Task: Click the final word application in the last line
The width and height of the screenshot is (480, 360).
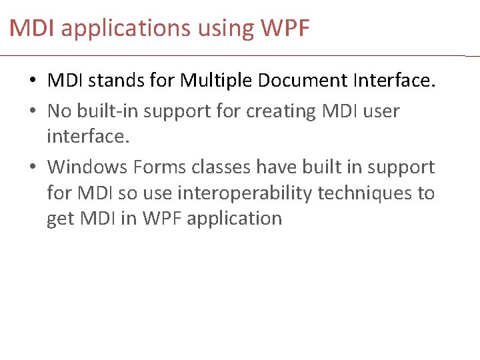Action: point(234,219)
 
